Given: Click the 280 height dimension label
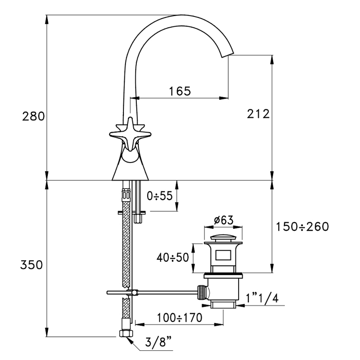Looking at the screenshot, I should [x=33, y=116].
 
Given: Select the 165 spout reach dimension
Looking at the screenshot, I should [x=179, y=91].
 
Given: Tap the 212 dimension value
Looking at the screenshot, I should [x=259, y=114].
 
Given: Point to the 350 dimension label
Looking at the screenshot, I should [x=31, y=265].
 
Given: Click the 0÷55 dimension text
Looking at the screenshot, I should [x=158, y=196].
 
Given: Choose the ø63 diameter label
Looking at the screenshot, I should [x=223, y=220].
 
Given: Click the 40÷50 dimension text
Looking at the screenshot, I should [x=173, y=256].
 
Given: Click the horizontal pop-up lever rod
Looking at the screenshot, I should [x=154, y=293].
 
